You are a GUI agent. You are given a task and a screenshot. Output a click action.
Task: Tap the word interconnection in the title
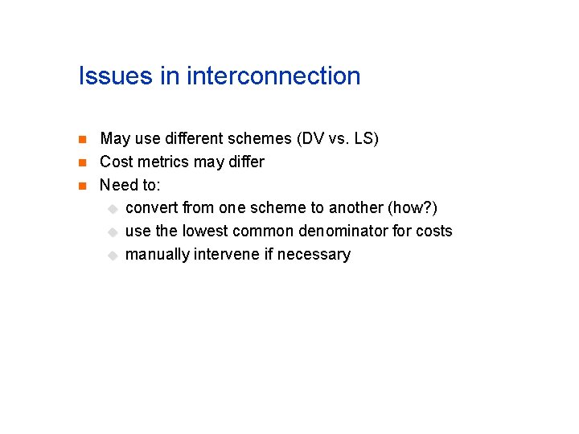pos(273,76)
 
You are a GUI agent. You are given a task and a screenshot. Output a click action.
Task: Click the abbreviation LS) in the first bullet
pos(365,138)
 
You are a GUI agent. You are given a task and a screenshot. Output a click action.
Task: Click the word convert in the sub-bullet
pos(152,207)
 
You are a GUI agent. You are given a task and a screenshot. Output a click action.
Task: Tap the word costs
pos(434,231)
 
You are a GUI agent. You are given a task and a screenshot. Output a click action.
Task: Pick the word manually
pos(158,254)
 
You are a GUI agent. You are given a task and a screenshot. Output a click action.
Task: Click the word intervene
pos(227,254)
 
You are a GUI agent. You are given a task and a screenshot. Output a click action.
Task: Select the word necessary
pos(314,254)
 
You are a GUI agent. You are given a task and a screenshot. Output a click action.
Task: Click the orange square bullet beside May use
pos(82,140)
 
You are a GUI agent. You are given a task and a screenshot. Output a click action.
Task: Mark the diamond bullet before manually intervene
pos(113,255)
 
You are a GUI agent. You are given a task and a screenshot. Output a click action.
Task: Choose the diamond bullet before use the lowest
pos(113,231)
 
